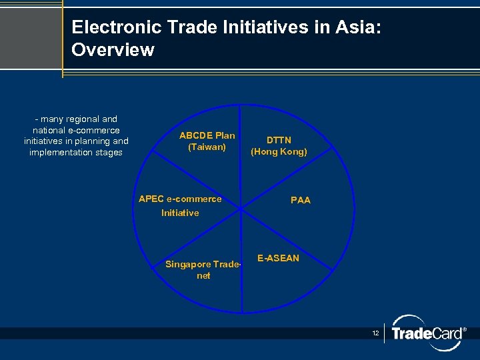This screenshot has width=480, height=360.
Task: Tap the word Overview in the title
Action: pyautogui.click(x=113, y=50)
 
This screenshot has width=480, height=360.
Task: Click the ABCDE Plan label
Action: pyautogui.click(x=207, y=135)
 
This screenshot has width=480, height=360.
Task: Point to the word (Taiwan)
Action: pyautogui.click(x=207, y=147)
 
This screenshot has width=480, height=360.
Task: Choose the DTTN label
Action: pyautogui.click(x=279, y=140)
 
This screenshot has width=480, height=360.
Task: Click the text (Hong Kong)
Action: pyautogui.click(x=279, y=151)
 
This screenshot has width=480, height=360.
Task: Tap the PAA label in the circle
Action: pyautogui.click(x=301, y=200)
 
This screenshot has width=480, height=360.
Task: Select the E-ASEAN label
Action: pyautogui.click(x=278, y=258)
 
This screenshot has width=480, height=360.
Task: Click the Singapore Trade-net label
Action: pyautogui.click(x=203, y=269)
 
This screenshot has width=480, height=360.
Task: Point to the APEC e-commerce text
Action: pyautogui.click(x=180, y=199)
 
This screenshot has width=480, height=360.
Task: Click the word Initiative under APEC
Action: pyautogui.click(x=180, y=213)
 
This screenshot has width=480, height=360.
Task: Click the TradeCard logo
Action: pyautogui.click(x=427, y=333)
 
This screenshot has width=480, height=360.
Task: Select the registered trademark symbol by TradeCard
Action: pyautogui.click(x=464, y=329)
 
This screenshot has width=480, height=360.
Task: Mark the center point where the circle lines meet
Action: pyautogui.click(x=241, y=209)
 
